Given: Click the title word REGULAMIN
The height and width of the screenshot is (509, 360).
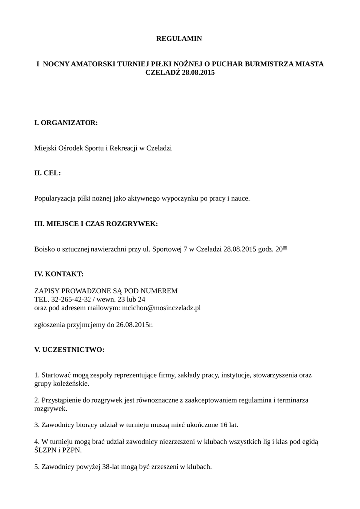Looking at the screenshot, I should point(180,38).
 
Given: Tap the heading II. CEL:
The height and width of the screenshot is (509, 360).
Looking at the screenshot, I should point(47,173).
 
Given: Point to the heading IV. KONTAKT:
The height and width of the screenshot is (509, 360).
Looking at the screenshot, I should point(58,274).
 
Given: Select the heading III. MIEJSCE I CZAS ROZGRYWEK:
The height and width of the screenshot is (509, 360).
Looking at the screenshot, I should point(95,224).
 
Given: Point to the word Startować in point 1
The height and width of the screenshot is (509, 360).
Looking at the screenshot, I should point(56,375).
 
